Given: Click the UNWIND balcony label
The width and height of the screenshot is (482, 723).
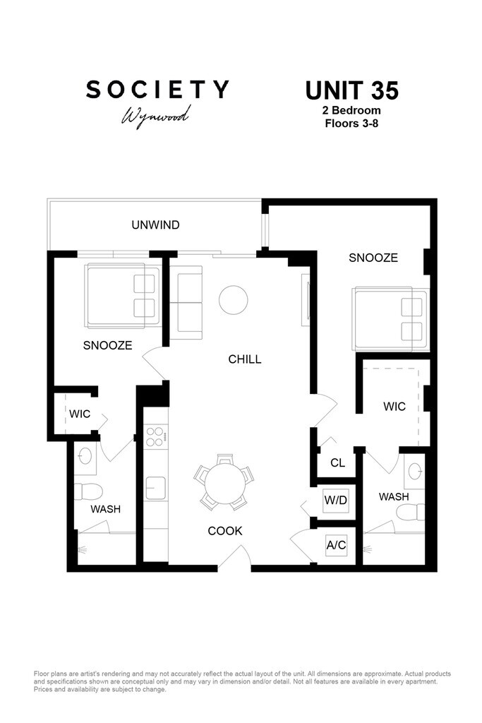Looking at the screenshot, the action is (x=155, y=225).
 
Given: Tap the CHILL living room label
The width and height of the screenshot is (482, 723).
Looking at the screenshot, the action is (x=245, y=359).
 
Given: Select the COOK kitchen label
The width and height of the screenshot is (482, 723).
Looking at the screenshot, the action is (x=225, y=531).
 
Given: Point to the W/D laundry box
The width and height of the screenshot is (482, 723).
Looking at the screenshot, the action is (x=335, y=501).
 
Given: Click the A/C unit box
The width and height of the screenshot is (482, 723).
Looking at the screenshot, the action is (x=336, y=545).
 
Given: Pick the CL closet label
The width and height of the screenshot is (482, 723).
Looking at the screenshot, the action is (x=338, y=462).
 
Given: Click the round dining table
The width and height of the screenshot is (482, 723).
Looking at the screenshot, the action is (x=225, y=484).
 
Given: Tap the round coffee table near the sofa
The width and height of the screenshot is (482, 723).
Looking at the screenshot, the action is (x=233, y=300).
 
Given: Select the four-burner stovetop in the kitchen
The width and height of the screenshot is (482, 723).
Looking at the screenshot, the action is (x=155, y=436).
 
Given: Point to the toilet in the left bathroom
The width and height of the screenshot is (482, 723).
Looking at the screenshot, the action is (x=88, y=491).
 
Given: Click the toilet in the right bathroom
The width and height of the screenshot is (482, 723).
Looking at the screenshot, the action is (x=411, y=512).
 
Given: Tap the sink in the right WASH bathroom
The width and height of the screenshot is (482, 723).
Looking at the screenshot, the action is (x=415, y=471).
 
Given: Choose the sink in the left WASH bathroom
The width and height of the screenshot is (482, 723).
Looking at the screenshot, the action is (x=85, y=455).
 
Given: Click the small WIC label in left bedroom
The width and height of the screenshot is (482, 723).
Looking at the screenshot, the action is (x=80, y=414).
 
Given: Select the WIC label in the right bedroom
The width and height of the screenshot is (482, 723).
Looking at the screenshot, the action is (x=394, y=407).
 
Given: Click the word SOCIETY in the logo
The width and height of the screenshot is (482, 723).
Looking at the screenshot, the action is (x=157, y=90).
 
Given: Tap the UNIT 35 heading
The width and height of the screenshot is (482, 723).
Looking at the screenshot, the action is (x=351, y=90).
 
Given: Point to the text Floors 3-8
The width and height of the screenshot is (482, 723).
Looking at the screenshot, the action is (x=351, y=124).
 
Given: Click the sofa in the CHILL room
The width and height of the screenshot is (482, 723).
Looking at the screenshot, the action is (x=186, y=302).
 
